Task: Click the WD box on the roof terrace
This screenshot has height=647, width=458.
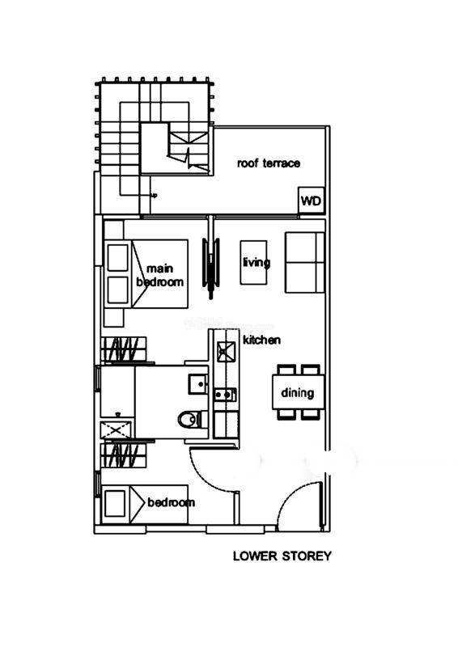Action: [311, 201]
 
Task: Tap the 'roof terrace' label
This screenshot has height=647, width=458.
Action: [269, 163]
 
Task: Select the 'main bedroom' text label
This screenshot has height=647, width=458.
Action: [160, 275]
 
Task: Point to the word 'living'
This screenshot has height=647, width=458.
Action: [257, 262]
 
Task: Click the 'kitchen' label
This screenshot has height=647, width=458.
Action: [261, 340]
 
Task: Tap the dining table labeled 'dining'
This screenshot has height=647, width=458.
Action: [298, 392]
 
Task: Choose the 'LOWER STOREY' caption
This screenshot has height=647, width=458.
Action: [282, 556]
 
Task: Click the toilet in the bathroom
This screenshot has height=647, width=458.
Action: [193, 420]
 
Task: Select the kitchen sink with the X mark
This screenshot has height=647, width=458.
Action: [227, 352]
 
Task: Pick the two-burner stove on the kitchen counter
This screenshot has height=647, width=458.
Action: [225, 395]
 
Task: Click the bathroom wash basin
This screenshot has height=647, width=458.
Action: [198, 384]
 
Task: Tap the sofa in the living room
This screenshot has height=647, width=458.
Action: [304, 262]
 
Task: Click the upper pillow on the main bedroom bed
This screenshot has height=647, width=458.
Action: [117, 258]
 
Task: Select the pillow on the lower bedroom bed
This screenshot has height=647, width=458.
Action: [114, 503]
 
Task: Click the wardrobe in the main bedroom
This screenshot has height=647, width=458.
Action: [124, 350]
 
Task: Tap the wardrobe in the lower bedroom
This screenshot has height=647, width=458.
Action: [124, 455]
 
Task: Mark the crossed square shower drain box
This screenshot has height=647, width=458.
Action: [117, 430]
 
